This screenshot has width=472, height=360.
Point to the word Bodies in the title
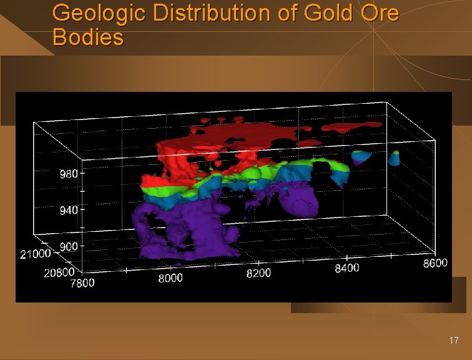click(88, 37)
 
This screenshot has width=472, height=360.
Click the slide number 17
click(454, 341)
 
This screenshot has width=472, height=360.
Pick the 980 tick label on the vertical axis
click(69, 174)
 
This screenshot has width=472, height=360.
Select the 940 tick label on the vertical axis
click(69, 210)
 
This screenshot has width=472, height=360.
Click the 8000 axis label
click(170, 279)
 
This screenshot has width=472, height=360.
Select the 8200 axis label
click(258, 273)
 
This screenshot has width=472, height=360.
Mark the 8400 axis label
click(347, 267)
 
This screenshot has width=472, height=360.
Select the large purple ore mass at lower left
click(181, 228)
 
